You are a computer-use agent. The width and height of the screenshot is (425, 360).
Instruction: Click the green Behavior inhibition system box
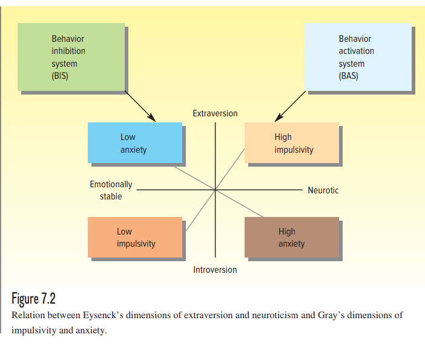71,57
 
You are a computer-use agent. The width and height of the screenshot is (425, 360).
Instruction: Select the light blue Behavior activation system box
358,57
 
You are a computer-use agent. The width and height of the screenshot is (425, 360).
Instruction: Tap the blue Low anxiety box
134,143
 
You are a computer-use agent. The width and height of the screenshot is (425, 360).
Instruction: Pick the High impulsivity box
291,143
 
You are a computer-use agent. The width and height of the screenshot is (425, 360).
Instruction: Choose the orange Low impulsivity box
134,237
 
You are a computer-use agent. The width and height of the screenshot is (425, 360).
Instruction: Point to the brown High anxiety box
291,237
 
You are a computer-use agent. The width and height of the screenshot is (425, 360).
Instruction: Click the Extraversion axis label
215,113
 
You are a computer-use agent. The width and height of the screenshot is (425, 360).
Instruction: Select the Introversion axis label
215,270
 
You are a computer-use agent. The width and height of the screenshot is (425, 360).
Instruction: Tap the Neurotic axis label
323,190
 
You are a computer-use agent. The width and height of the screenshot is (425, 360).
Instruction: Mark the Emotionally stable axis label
111,190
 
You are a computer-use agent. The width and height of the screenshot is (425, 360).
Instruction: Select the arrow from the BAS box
290,106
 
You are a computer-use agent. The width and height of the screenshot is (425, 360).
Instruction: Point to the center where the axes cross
215,190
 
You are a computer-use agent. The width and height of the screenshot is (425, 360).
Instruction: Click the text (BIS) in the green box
60,76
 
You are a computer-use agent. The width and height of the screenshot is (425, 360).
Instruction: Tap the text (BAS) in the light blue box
348,76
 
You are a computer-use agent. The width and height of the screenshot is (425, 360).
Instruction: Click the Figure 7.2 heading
34,299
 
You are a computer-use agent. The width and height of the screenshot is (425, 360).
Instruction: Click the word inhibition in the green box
68,51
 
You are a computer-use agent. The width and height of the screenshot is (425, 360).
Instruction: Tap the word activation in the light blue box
357,51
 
